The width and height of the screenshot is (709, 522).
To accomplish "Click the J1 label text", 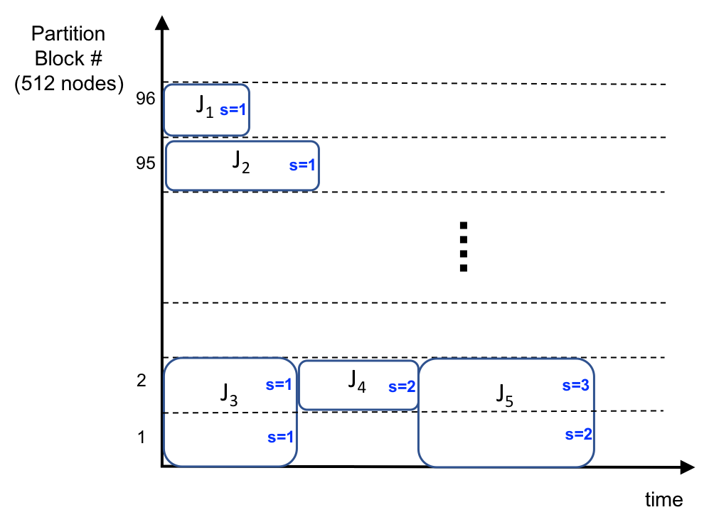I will click(x=205, y=107).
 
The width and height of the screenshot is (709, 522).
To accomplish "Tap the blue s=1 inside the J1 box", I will click(x=233, y=110).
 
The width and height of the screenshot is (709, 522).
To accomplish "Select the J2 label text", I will click(x=241, y=162).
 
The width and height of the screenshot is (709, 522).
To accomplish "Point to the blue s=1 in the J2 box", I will click(x=302, y=165).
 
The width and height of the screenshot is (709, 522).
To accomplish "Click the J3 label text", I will click(x=228, y=394).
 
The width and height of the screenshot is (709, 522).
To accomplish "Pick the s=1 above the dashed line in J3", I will click(x=279, y=384).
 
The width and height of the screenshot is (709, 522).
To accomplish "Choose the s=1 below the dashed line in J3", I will click(x=280, y=437).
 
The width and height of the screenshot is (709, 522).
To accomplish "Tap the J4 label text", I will click(x=357, y=381).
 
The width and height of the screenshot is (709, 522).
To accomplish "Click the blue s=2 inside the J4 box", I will click(x=402, y=387).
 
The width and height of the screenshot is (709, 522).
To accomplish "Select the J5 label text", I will click(x=504, y=395).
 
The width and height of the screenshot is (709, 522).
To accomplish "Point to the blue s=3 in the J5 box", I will click(x=575, y=386).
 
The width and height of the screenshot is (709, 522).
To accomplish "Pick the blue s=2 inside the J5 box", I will click(x=578, y=435).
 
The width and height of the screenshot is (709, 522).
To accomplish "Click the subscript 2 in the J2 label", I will click(x=245, y=168).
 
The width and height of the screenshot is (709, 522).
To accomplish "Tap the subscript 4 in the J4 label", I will click(x=361, y=387).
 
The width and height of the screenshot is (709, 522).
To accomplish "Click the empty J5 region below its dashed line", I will click(x=491, y=440).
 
